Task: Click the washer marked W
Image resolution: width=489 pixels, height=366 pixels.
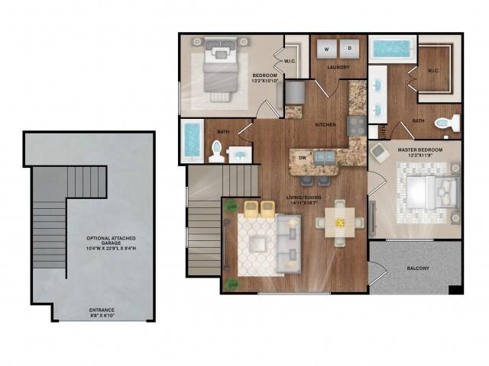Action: [x=326, y=48]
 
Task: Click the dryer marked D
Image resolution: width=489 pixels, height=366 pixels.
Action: [x=349, y=48]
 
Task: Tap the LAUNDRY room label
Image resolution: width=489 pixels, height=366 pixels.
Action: [x=338, y=68]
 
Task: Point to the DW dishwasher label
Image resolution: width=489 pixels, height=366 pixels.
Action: [x=303, y=158]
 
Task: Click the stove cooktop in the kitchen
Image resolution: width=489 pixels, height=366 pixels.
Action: [x=356, y=124]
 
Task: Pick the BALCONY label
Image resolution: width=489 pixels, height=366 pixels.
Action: [x=417, y=268]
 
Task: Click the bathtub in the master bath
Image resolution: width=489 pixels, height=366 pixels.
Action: [x=393, y=51]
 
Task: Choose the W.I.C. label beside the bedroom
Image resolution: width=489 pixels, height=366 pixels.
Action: [x=290, y=62]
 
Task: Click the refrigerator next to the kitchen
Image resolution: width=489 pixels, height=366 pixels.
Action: [x=294, y=93]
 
